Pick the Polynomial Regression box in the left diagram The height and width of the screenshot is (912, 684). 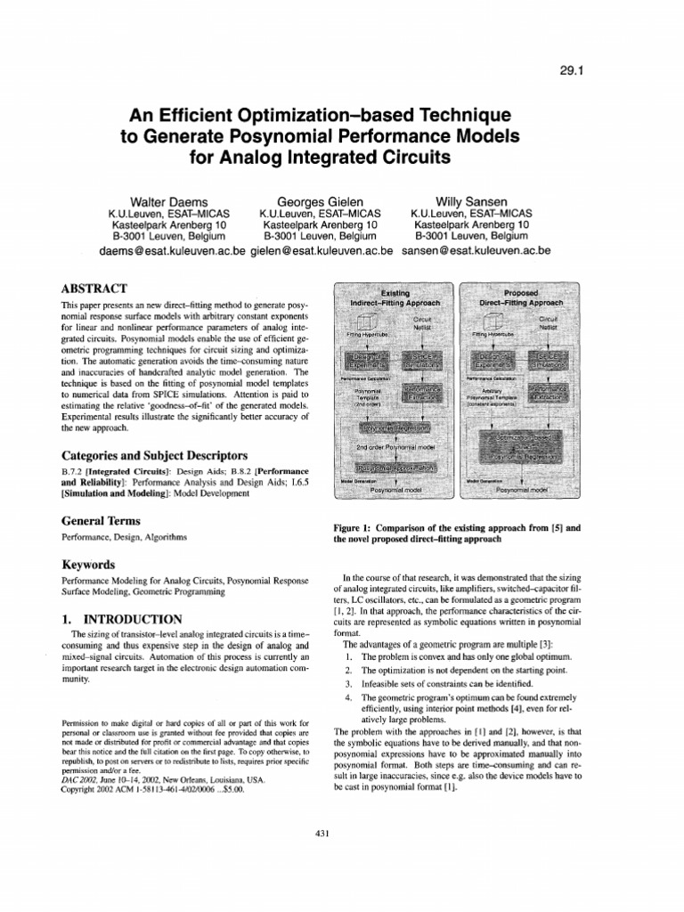(395, 427)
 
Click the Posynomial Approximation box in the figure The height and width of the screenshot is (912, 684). (395, 467)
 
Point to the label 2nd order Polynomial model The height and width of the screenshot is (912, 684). (395, 447)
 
